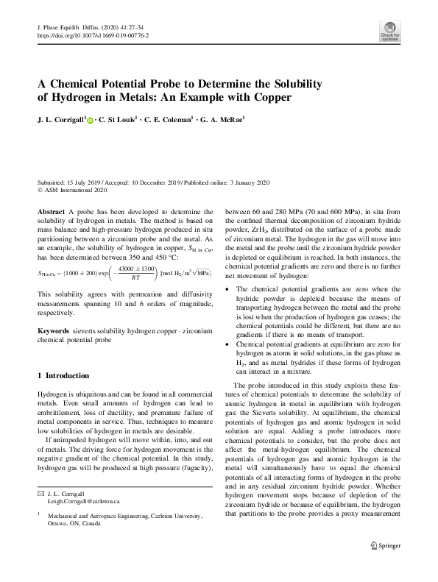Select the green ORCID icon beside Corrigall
(x=91, y=118)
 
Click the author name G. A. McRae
(x=220, y=117)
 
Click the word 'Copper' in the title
(x=268, y=96)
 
